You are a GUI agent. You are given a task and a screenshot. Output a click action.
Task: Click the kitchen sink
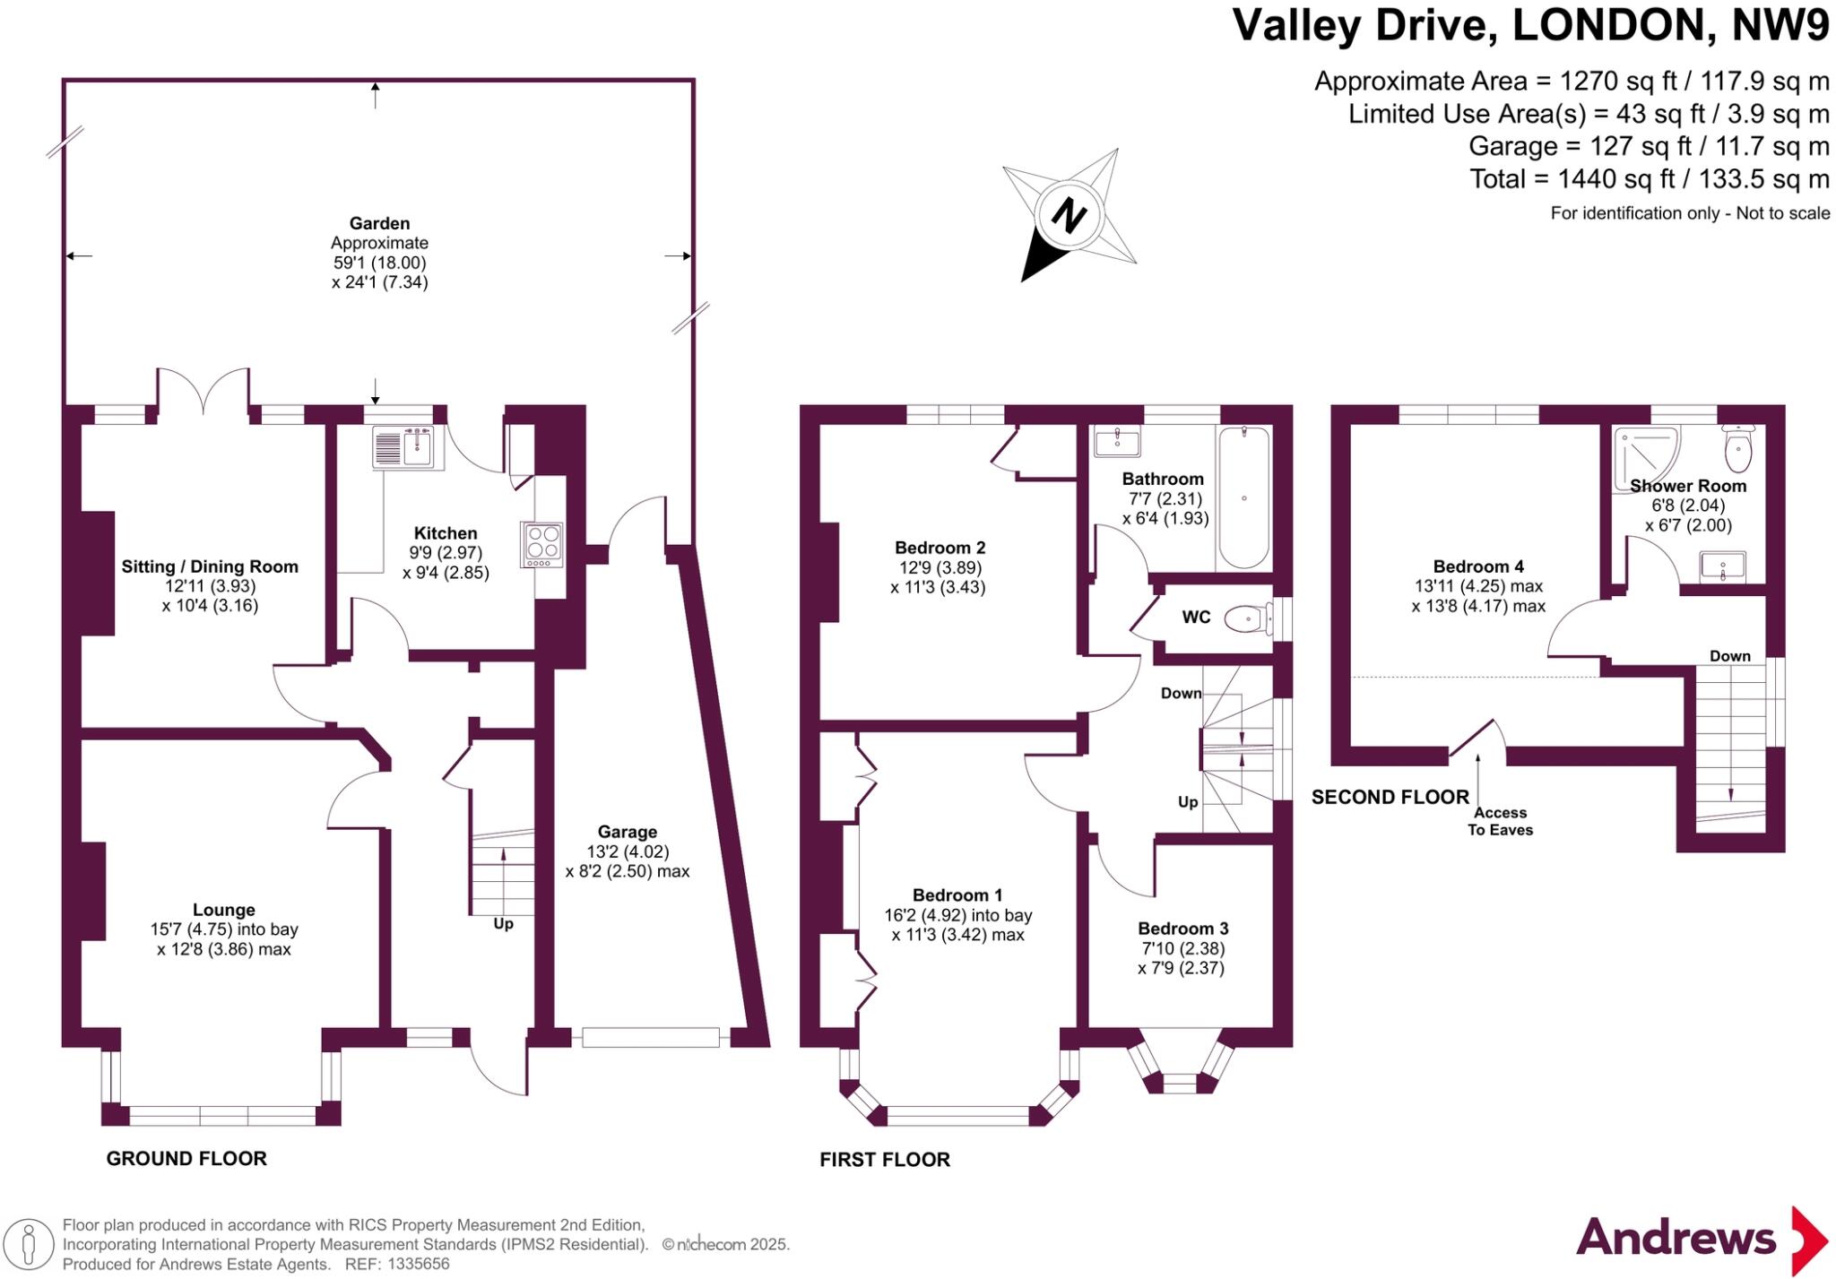[408, 446]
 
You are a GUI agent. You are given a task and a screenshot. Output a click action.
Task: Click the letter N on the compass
[1069, 215]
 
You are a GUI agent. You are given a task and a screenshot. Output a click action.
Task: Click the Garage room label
[628, 832]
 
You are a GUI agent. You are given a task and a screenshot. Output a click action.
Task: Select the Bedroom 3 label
[1182, 929]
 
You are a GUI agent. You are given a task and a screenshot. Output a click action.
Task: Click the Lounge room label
[224, 910]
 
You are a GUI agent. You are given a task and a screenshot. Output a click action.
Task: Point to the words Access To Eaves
[1500, 821]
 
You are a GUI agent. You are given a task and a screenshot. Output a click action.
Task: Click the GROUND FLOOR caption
[186, 1158]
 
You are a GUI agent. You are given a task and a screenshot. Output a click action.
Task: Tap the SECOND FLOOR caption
[1390, 797]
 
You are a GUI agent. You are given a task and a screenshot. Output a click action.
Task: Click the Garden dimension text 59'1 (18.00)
[379, 263]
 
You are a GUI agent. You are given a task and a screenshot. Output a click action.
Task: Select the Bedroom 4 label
[1478, 566]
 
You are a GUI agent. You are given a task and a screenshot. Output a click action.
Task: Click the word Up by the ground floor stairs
[503, 923]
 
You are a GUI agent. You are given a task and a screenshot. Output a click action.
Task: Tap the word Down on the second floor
[1729, 656]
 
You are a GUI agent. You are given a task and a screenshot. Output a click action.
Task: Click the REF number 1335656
[417, 1264]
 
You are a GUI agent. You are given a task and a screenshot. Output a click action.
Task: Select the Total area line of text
[1649, 179]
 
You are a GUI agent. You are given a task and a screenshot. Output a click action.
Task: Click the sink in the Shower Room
[1722, 566]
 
